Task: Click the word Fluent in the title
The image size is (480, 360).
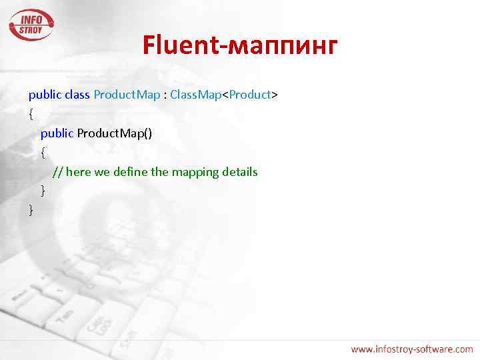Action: tap(185, 46)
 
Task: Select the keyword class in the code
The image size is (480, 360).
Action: tap(78, 95)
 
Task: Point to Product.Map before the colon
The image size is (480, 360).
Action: tap(127, 95)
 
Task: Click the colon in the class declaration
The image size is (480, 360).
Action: tap(165, 95)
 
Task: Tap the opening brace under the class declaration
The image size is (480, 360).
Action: tap(31, 114)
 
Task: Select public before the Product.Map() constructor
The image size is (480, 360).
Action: tap(57, 133)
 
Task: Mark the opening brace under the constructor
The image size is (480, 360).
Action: tap(43, 153)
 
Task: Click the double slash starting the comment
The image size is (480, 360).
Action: tap(58, 172)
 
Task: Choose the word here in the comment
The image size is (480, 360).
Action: tap(79, 172)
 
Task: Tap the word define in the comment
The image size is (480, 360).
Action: tap(131, 172)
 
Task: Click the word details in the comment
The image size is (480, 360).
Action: tap(239, 172)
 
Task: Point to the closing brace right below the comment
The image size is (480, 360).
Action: tap(43, 191)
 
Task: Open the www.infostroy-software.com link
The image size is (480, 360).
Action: tap(411, 349)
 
